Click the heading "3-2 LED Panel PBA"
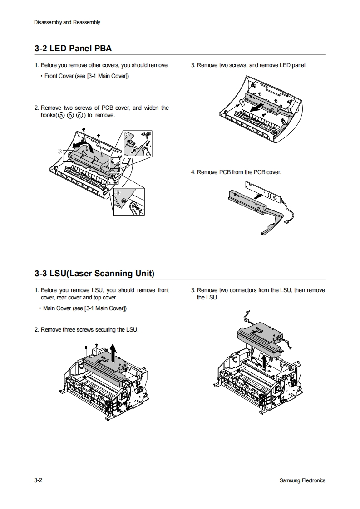[73, 48]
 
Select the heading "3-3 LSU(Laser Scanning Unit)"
[94, 274]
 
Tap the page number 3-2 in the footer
[38, 480]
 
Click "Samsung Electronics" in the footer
[302, 480]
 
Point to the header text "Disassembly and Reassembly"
[67, 22]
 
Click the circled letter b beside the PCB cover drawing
[59, 151]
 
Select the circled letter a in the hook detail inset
[118, 192]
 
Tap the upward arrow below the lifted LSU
[265, 361]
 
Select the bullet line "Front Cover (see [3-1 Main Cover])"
[86, 76]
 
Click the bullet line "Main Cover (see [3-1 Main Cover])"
[84, 308]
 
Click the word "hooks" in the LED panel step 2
[48, 115]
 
